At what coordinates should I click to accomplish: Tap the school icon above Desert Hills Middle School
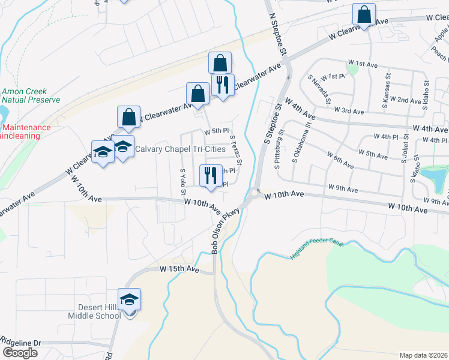[128, 298]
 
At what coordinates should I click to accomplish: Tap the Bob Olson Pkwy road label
[225, 231]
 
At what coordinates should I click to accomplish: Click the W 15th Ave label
[179, 270]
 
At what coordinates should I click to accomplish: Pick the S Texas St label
[235, 150]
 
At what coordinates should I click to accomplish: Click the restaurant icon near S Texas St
[210, 176]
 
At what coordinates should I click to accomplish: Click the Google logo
[20, 353]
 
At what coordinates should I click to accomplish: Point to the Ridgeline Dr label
[21, 343]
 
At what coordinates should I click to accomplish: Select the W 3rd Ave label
[351, 112]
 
